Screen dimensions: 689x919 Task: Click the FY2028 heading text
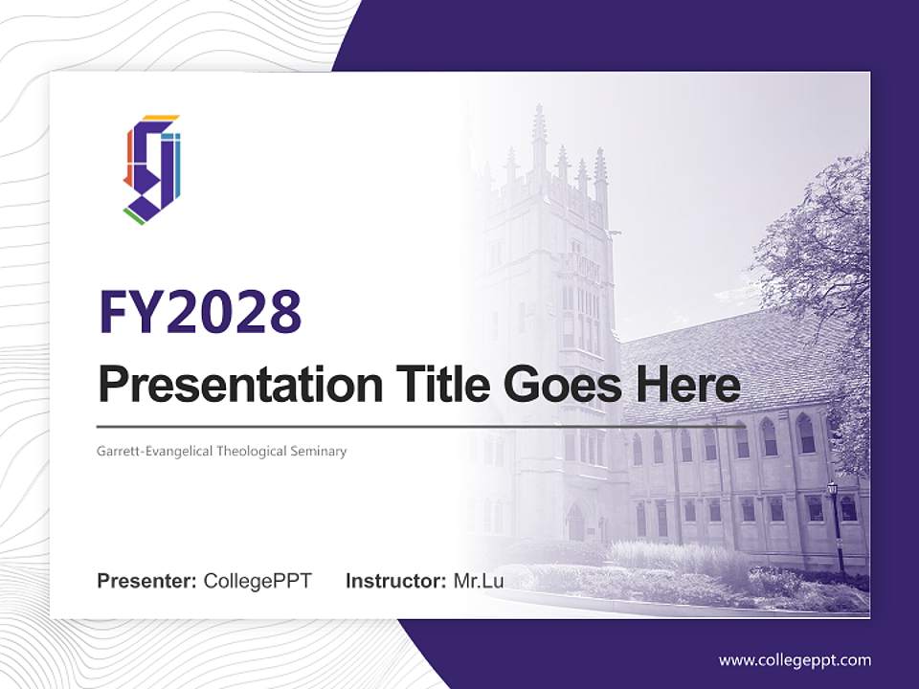point(200,312)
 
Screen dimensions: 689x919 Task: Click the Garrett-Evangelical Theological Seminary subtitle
point(221,451)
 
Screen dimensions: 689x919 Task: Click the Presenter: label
point(146,581)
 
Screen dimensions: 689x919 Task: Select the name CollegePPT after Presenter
point(258,581)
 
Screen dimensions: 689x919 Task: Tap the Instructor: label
point(395,581)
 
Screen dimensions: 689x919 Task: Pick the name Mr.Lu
point(479,581)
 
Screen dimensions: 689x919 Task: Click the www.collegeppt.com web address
point(795,659)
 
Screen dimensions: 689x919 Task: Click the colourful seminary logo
point(152,169)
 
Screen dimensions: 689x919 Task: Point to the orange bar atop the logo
point(161,119)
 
